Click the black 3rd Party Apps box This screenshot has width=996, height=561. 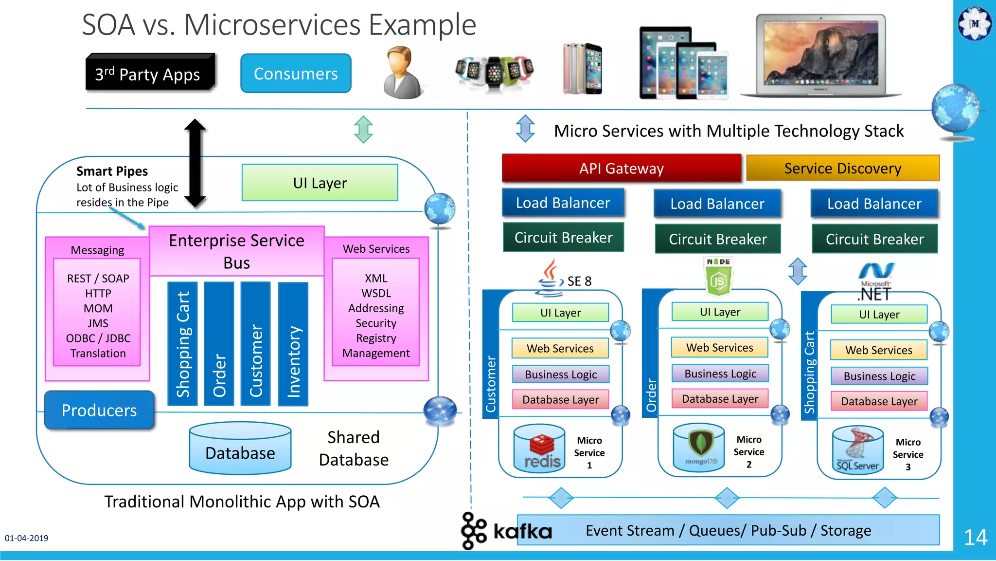150,73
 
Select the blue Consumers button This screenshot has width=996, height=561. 296,74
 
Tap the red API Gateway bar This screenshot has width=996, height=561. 621,168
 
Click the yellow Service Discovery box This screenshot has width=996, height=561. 842,168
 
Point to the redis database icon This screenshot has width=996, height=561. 540,449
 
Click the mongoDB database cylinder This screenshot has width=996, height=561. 699,447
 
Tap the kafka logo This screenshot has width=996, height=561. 507,530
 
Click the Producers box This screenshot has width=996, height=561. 99,410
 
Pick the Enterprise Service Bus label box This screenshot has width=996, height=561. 236,251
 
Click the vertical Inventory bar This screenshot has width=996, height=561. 293,344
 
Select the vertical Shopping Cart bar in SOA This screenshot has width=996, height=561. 182,344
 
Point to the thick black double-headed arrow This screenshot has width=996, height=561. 195,163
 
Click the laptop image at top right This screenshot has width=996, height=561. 821,55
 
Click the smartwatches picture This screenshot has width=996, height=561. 494,72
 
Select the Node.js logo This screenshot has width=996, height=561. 718,276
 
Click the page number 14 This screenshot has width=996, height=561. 975,538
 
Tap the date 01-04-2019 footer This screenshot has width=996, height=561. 27,538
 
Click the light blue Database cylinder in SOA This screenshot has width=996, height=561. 240,448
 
